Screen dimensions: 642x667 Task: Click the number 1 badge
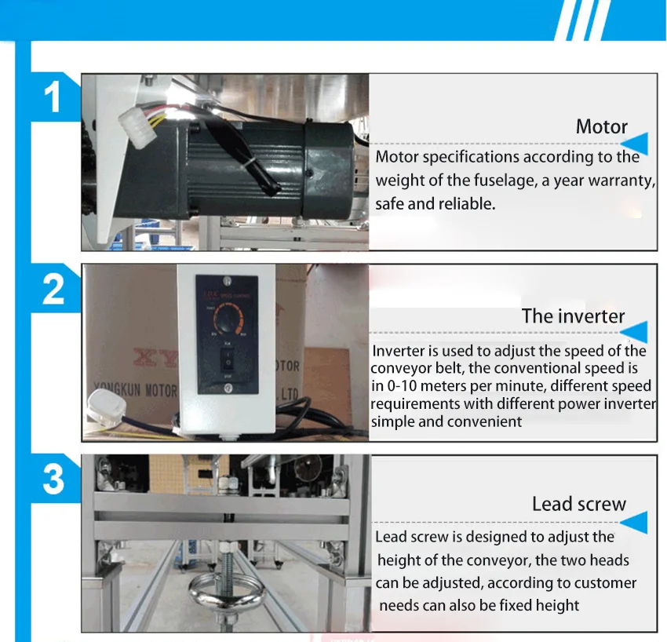[x=53, y=100]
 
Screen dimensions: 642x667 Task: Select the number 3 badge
[x=53, y=478]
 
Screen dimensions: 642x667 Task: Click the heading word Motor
[x=601, y=126]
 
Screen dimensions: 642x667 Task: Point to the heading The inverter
[x=573, y=316]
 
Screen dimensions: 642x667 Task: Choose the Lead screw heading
[x=578, y=504]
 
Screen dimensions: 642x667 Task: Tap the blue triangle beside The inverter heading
[x=636, y=332]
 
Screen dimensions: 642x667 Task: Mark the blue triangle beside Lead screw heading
[x=636, y=521]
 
